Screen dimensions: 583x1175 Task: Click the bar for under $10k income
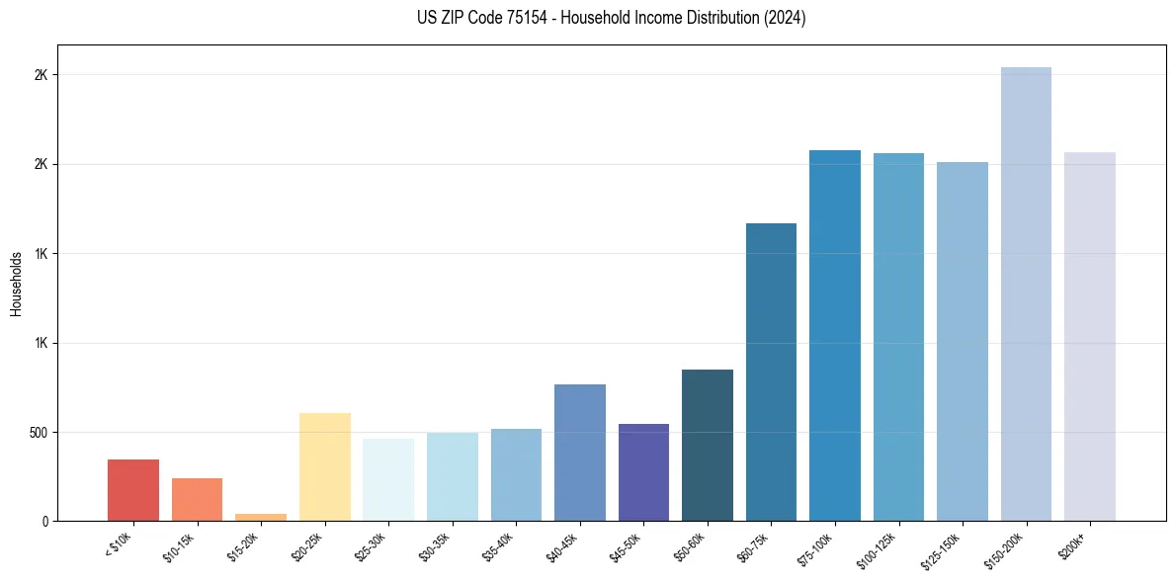coord(133,490)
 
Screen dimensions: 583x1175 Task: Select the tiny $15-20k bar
coord(261,517)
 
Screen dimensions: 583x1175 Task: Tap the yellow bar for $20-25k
coord(325,466)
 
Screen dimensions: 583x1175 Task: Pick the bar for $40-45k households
coord(580,453)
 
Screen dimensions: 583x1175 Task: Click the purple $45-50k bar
coord(643,472)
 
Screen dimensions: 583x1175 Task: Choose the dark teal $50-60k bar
coord(708,445)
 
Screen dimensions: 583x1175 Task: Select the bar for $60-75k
coord(771,372)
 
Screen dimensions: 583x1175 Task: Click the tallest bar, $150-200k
coord(1026,293)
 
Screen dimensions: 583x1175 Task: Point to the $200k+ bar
coord(1090,336)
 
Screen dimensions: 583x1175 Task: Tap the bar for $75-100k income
coord(835,335)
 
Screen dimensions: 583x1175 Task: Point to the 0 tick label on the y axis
coord(44,522)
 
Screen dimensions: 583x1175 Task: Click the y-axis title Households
coord(16,284)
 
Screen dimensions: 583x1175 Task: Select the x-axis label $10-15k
coord(180,544)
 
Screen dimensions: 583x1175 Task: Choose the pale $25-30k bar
coord(388,479)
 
